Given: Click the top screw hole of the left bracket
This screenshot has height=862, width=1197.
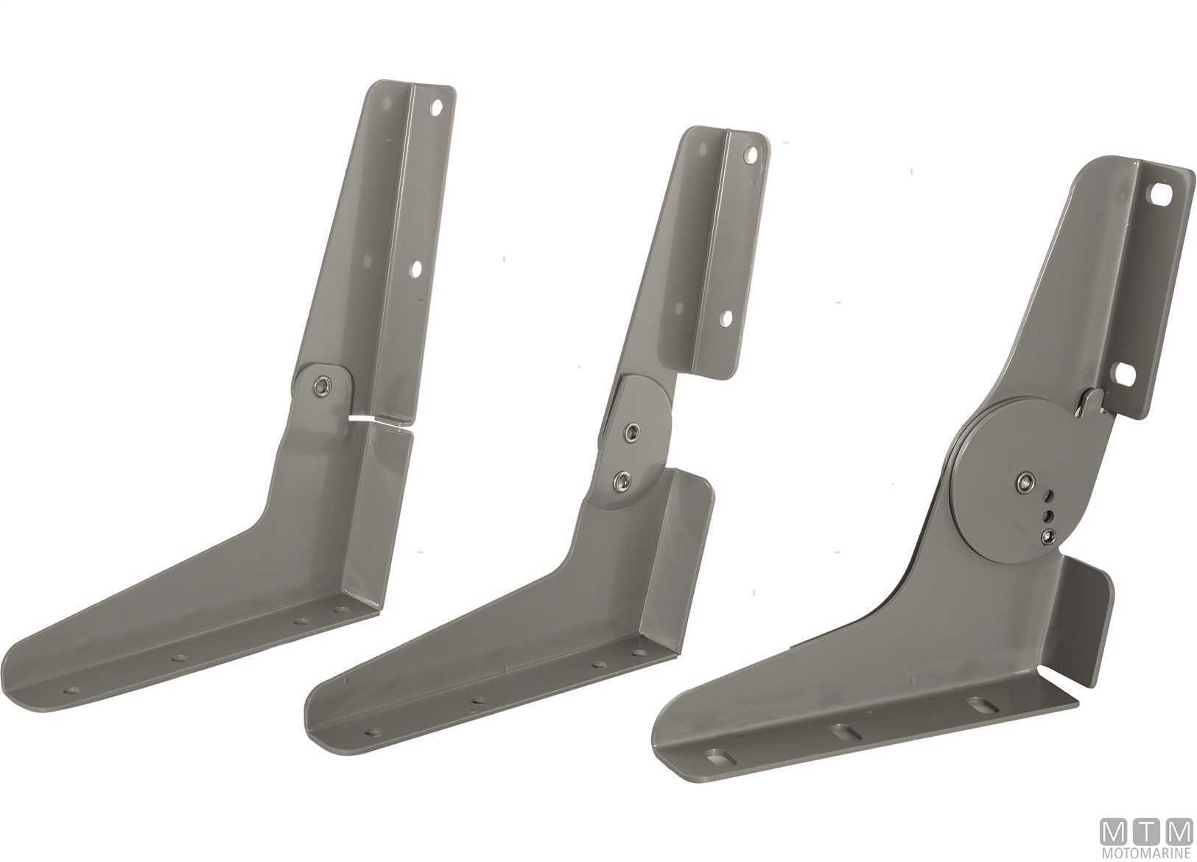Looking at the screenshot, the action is click(x=437, y=108).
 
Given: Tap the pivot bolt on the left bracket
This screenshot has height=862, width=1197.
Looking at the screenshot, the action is click(x=323, y=385).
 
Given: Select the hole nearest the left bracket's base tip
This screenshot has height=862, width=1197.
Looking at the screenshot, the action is click(x=71, y=691).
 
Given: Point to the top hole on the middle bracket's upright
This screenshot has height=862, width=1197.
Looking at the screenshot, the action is click(x=751, y=155).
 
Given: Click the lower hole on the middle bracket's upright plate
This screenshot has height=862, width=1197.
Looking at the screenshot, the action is click(x=726, y=318).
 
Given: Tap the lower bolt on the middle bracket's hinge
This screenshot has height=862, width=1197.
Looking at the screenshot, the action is click(x=622, y=480).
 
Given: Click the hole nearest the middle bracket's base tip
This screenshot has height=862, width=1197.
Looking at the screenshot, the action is click(x=373, y=732).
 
